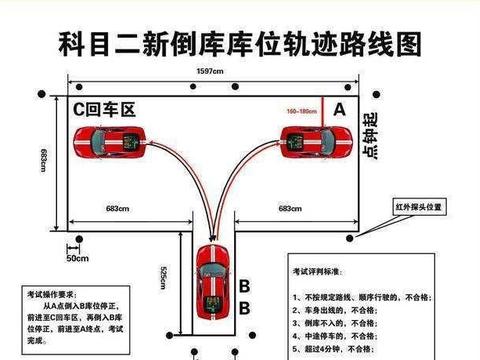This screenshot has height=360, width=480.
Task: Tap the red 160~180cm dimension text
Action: point(300,111)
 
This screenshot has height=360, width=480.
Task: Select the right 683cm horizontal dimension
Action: point(289,208)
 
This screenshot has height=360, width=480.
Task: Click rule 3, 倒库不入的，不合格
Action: point(334,325)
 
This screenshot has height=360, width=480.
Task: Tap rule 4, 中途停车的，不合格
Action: point(334,338)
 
